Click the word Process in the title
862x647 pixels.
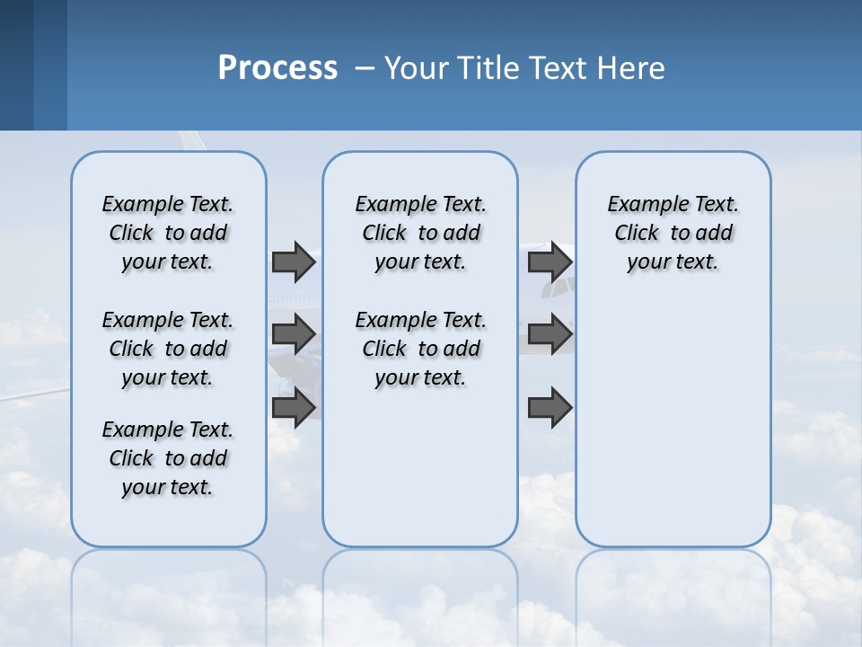tap(277, 68)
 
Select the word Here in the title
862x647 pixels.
tap(633, 68)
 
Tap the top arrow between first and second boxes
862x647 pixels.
tap(294, 262)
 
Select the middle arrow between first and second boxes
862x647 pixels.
tap(294, 334)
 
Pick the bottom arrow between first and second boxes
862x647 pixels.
tap(294, 408)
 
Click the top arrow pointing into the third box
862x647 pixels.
tap(550, 262)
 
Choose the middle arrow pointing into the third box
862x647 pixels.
tap(550, 334)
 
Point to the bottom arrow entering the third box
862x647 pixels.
tap(550, 408)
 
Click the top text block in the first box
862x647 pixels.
tap(168, 233)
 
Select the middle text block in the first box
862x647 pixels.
tap(168, 349)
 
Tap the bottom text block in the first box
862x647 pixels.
tap(168, 458)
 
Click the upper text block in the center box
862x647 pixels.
tap(420, 233)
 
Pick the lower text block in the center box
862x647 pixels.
tap(420, 349)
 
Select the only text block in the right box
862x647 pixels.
tap(673, 233)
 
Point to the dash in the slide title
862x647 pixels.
tap(365, 68)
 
